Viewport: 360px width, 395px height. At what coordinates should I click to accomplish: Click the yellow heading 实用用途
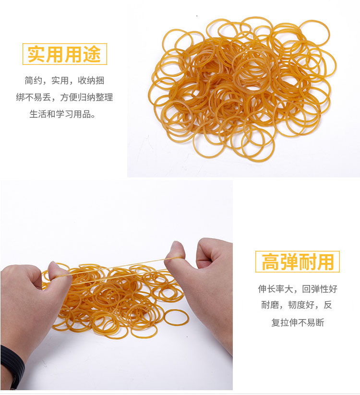coord(64,54)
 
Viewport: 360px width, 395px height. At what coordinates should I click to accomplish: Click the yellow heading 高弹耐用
coord(298,262)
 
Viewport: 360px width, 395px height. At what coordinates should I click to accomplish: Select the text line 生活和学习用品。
coord(62,114)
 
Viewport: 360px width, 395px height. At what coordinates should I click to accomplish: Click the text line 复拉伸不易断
coord(298,322)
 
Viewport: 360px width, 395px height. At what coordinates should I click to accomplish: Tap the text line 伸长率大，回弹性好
coord(298,289)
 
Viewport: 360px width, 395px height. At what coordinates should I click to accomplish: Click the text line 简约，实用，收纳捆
coord(64,81)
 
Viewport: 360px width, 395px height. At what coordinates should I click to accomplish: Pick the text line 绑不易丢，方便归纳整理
coord(64,97)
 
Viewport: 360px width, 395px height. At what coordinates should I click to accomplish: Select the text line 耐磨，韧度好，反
coord(297,305)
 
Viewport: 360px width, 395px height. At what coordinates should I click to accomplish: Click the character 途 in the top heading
coord(92,54)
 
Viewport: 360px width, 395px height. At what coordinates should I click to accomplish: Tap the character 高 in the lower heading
coord(270,262)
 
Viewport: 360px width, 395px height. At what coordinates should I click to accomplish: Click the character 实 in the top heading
coord(36,54)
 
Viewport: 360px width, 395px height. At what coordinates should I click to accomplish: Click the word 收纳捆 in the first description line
coord(91,81)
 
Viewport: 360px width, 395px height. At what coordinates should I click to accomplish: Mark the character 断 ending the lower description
coord(320,322)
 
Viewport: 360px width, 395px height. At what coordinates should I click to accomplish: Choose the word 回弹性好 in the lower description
coord(320,289)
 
